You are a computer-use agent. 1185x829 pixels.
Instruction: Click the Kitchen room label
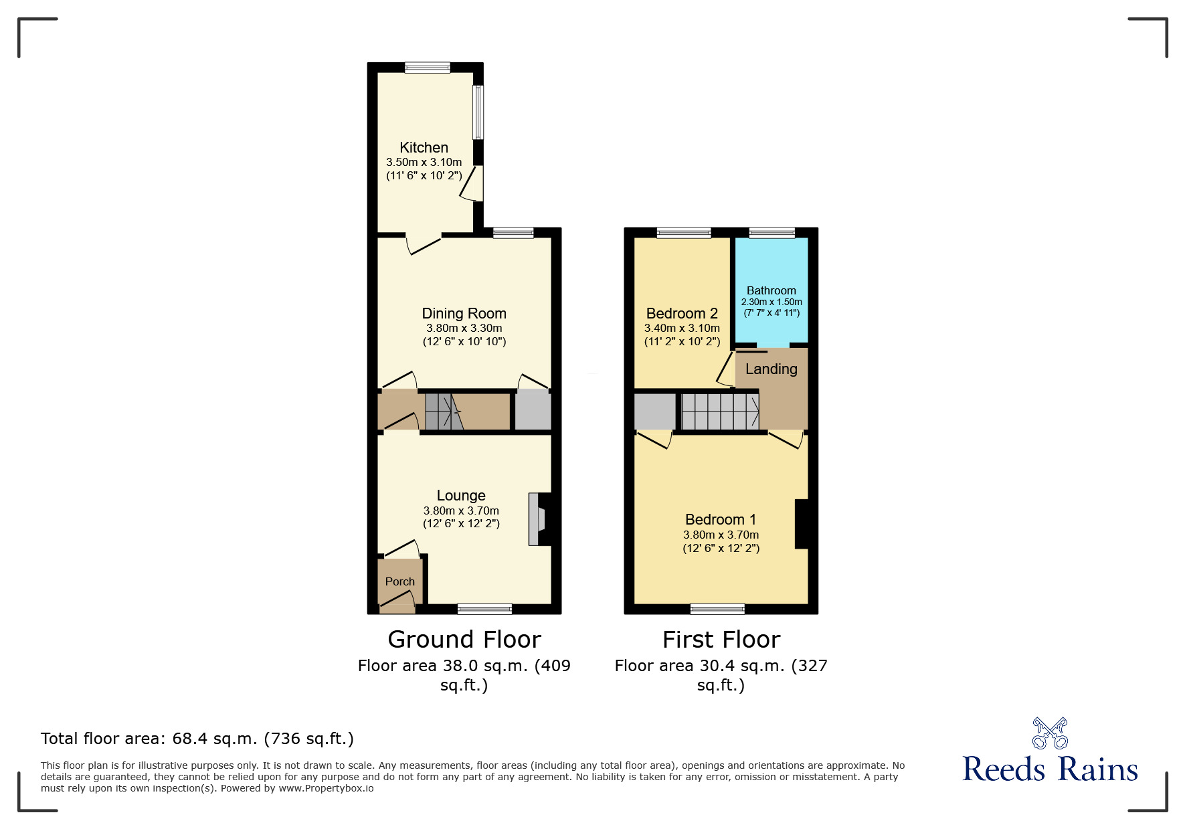pyautogui.click(x=424, y=148)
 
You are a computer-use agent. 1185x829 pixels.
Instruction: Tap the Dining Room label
pyautogui.click(x=464, y=314)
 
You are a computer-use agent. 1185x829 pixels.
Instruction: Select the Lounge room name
pyautogui.click(x=461, y=496)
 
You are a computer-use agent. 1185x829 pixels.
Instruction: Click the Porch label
pyautogui.click(x=399, y=582)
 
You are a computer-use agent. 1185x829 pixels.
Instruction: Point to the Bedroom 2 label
pyautogui.click(x=682, y=314)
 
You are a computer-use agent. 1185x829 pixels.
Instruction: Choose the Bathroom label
pyautogui.click(x=771, y=290)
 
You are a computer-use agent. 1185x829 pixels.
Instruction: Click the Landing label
pyautogui.click(x=771, y=369)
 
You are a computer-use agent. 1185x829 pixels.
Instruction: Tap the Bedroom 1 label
pyautogui.click(x=721, y=520)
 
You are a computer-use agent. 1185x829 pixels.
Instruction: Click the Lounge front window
pyautogui.click(x=485, y=609)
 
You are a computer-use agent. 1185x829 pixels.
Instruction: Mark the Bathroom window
pyautogui.click(x=772, y=233)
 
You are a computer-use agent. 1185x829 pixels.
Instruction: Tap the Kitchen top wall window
pyautogui.click(x=428, y=68)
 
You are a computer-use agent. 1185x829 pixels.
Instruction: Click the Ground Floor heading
pyautogui.click(x=464, y=640)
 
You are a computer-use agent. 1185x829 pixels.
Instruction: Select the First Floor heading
pyautogui.click(x=721, y=640)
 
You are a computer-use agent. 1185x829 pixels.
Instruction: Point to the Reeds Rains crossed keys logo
pyautogui.click(x=1050, y=733)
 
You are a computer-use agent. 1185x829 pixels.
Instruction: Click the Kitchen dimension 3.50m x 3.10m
pyautogui.click(x=424, y=163)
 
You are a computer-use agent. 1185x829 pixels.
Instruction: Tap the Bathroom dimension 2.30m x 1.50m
pyautogui.click(x=771, y=302)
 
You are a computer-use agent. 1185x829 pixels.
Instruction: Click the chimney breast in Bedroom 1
pyautogui.click(x=802, y=524)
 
